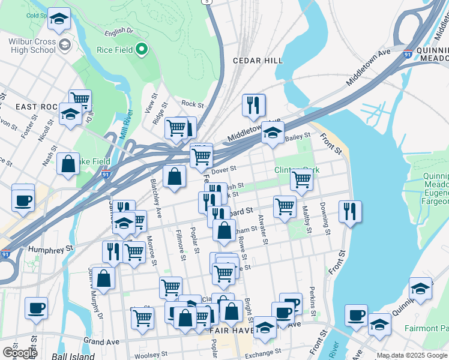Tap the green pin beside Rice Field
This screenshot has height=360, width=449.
142,49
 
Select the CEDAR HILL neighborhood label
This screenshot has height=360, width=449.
258,61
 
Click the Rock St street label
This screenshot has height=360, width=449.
193,104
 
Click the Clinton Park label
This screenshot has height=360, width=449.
297,170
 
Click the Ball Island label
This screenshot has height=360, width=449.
71,356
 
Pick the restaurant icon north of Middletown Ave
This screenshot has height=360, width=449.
254,105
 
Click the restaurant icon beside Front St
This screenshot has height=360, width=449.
350,211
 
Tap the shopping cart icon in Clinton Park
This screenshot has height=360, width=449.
301,178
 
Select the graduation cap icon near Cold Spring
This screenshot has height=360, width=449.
58,19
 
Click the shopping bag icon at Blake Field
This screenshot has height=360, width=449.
68,163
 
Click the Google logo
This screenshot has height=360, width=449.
20,353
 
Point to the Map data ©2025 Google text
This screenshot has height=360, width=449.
412,355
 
